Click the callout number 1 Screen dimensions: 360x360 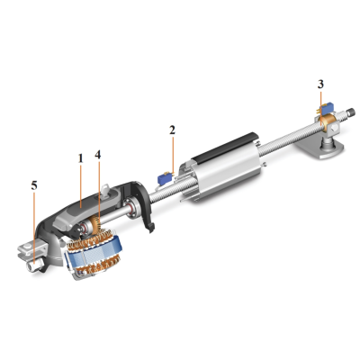pos(80,157)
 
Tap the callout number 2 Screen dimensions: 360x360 pos(171,130)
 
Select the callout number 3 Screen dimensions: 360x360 pos(320,84)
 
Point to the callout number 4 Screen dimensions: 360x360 pos(97,154)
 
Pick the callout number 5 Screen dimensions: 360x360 pos(34,185)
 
